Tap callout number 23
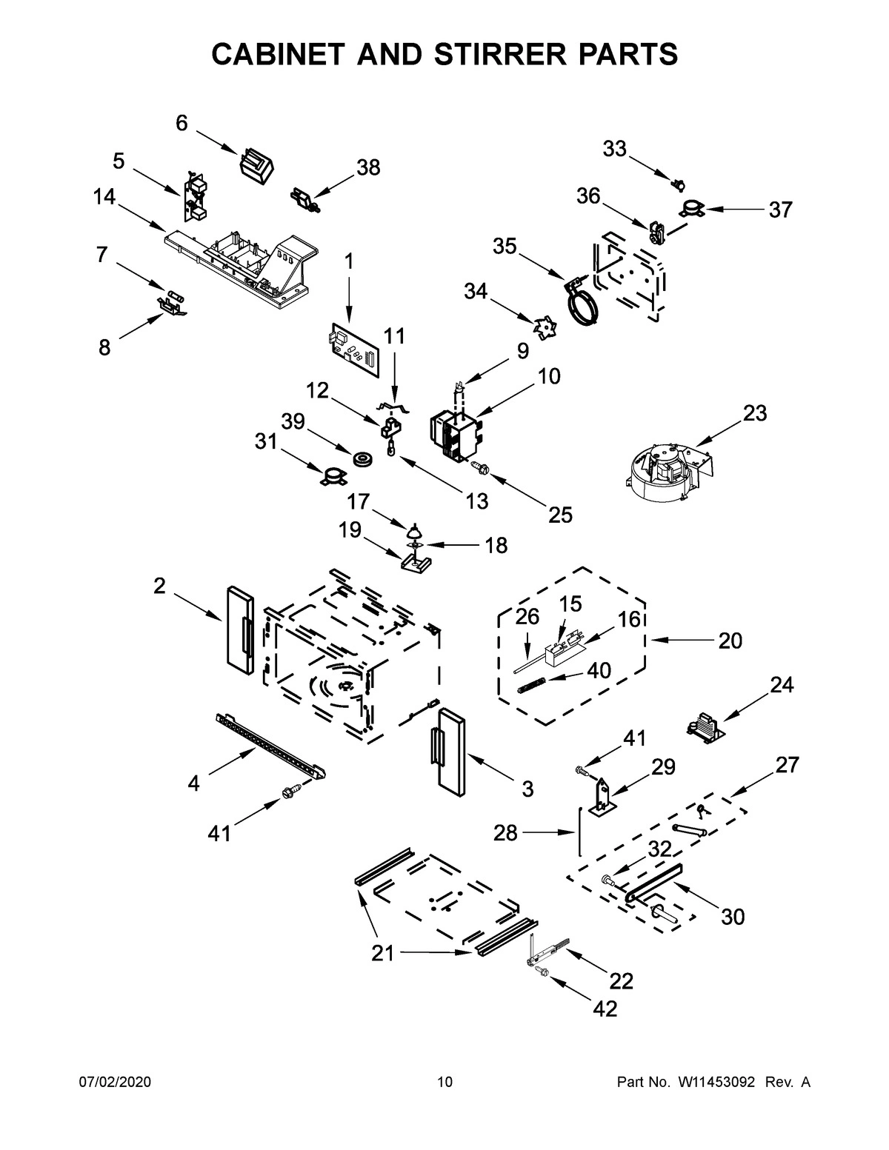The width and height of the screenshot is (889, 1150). point(754,412)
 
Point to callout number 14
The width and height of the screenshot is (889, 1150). point(104,197)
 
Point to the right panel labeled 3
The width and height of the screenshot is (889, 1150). point(450,753)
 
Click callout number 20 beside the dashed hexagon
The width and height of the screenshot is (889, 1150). point(730,640)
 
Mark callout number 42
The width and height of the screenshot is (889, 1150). point(605,1008)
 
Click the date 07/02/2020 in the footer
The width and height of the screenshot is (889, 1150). point(115,1083)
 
